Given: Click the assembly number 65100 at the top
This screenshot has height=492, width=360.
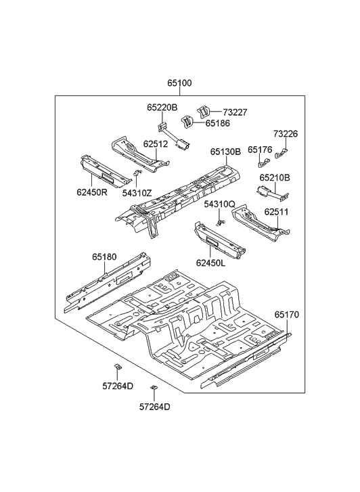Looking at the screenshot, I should click(180, 84).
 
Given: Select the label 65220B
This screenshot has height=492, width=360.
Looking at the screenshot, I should click(162, 108).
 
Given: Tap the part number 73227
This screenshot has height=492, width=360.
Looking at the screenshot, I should click(235, 112).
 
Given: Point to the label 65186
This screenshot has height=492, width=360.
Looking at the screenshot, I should click(218, 124).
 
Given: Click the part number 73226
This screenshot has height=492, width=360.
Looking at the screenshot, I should click(286, 134).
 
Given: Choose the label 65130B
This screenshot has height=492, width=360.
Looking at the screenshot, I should click(225, 152).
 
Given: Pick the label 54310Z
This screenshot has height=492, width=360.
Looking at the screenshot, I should click(137, 193).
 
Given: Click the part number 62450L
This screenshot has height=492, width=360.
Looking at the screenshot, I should click(212, 263).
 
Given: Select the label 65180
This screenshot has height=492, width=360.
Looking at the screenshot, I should click(104, 256).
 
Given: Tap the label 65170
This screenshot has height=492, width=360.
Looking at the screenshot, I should click(286, 315).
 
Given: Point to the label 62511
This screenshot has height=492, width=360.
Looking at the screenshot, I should click(277, 212).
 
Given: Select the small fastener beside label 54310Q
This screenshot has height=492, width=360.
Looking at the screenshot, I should click(219, 222).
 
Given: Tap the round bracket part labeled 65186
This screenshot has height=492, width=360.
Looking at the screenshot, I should click(187, 122).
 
